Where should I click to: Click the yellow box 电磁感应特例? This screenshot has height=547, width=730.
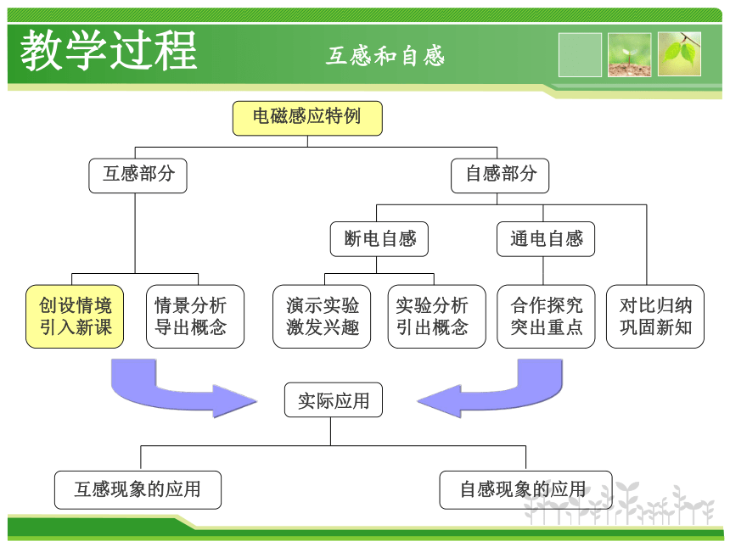(x=307, y=118)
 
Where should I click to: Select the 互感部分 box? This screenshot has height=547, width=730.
(x=138, y=176)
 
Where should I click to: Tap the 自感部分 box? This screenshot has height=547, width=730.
(x=500, y=176)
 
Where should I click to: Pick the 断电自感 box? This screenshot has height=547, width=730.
(x=379, y=239)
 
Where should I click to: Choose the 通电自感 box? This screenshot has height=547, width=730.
(x=546, y=239)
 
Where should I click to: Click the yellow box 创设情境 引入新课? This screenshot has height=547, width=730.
(x=75, y=316)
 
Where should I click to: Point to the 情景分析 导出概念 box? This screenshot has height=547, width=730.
(x=195, y=316)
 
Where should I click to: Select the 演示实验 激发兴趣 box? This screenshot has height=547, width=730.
(x=322, y=316)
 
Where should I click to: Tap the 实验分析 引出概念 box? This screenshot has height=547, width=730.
(x=436, y=316)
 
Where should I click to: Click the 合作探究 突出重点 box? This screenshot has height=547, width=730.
(x=546, y=316)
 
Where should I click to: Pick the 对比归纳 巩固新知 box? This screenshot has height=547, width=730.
(x=655, y=316)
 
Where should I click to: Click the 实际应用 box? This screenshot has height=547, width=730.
(x=334, y=400)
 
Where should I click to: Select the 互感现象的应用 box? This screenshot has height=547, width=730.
(x=138, y=490)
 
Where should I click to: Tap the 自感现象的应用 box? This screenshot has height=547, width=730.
(x=525, y=490)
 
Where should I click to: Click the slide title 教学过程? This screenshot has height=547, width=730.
(x=109, y=50)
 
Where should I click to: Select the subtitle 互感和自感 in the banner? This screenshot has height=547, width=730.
(x=385, y=56)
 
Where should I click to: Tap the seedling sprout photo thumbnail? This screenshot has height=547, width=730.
(x=630, y=55)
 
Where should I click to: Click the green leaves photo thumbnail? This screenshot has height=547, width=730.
(x=679, y=54)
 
